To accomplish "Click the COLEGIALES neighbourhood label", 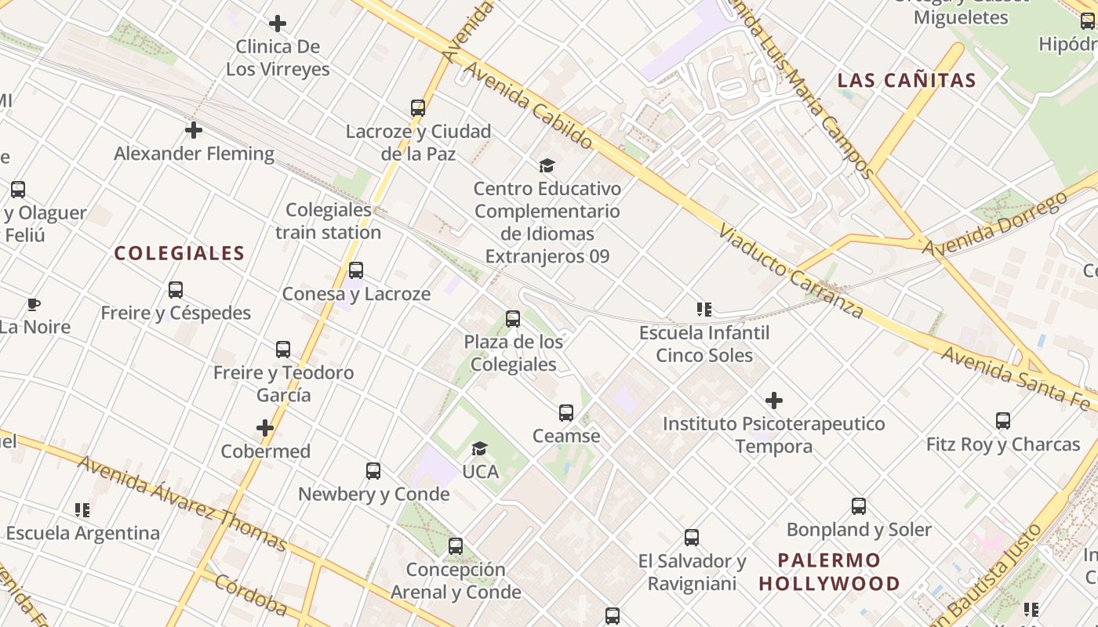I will tap(180, 253).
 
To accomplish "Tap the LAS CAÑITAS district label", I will tap(907, 80).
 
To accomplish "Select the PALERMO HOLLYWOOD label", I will tap(829, 572).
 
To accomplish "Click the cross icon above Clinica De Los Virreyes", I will tap(278, 24).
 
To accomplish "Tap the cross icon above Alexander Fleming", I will tap(194, 130).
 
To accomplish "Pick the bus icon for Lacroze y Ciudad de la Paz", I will tap(418, 108).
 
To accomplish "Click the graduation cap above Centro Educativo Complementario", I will tap(547, 165).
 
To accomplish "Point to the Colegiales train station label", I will tap(328, 221).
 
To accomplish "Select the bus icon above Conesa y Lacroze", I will tap(356, 270).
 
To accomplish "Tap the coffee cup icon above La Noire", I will tap(34, 304).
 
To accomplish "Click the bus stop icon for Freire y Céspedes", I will tap(176, 290).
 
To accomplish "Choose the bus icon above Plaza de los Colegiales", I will tap(513, 319).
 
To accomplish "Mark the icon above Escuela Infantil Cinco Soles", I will tap(704, 310).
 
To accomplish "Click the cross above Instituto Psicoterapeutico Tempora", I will tap(774, 400).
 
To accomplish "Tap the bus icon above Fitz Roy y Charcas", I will tap(1003, 421).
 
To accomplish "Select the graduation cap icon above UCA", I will tap(479, 448).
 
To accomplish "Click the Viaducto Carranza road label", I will tap(791, 274).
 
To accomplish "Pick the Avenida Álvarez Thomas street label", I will tap(182, 502).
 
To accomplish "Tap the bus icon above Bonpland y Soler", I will tap(859, 506).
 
